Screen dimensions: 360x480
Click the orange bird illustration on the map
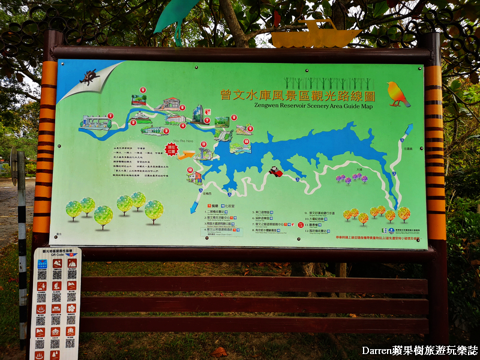click(x=398, y=94)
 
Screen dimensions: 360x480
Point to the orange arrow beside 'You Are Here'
click(x=185, y=155)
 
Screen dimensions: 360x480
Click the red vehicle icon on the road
click(x=275, y=172)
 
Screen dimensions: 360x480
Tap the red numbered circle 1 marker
click(x=110, y=116)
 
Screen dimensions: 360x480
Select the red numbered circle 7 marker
click(x=207, y=120)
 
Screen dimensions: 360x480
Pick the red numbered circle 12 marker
click(x=190, y=170)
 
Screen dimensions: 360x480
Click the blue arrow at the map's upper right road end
click(x=408, y=129)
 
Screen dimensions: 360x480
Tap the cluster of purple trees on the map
click(x=352, y=178)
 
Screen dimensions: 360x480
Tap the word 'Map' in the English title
click(x=367, y=106)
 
